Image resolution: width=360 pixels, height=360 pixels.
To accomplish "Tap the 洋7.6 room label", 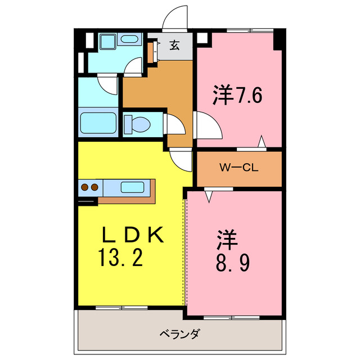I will (237, 95).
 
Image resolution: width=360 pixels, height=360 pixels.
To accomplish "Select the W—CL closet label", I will (238, 167).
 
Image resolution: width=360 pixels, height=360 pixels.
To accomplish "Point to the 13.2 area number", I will (121, 259).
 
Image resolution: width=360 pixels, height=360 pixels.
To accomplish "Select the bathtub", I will (98, 124).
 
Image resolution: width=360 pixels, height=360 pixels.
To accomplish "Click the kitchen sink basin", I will (133, 187).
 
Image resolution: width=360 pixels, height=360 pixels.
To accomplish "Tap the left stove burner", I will (84, 187).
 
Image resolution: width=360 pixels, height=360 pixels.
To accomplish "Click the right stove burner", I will (94, 187).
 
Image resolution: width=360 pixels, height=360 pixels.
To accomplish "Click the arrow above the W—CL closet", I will (262, 141).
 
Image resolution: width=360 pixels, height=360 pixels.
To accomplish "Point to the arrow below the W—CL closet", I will (209, 196).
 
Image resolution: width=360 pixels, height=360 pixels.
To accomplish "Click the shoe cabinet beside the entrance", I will (151, 52).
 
